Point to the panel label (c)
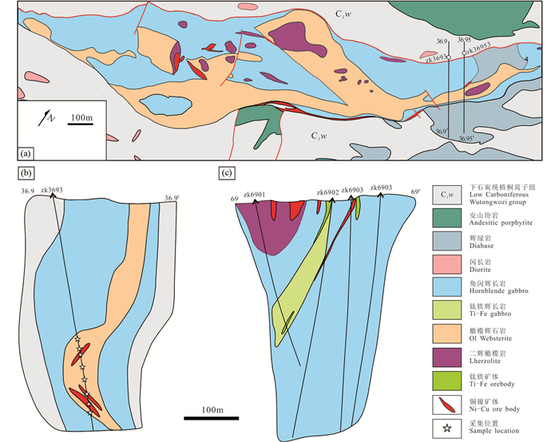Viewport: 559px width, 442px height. pos(228,172)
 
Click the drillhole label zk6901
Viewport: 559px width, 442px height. pos(256,192)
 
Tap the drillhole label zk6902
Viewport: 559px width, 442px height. pos(328,192)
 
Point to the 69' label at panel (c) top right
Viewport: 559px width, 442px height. pos(414,192)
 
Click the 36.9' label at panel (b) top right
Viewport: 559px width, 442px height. pos(172,198)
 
